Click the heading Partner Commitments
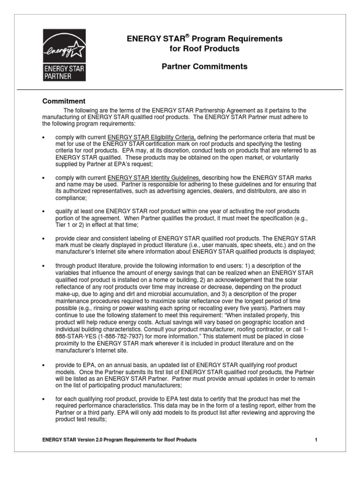(x=204, y=67)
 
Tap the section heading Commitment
(x=64, y=101)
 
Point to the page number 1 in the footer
(x=316, y=440)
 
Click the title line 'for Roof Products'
(x=204, y=49)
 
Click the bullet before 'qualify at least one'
(x=44, y=211)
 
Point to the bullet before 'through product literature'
(x=44, y=266)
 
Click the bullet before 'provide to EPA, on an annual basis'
(x=44, y=365)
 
